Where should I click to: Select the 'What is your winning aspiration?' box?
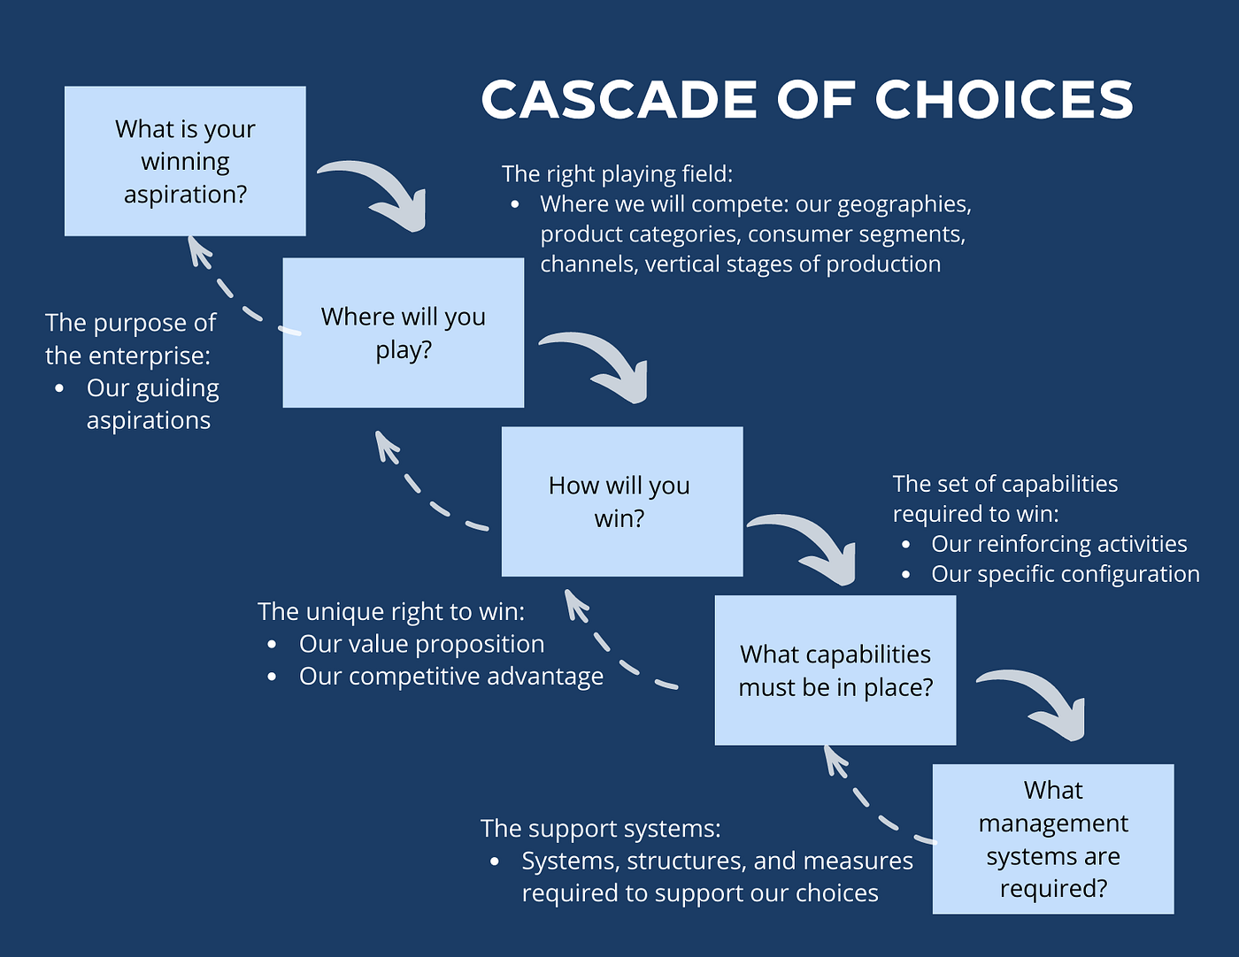click(x=185, y=161)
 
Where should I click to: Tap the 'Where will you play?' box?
click(x=403, y=333)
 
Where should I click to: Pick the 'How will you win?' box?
click(x=621, y=501)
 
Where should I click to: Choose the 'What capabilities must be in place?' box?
click(x=835, y=670)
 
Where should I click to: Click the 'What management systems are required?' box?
click(x=1053, y=838)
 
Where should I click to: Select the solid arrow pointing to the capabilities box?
click(x=810, y=545)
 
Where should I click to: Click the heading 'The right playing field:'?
click(x=617, y=173)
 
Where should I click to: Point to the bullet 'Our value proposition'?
click(x=421, y=644)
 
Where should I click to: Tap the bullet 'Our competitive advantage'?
click(x=450, y=677)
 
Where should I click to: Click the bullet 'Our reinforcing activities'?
click(x=1058, y=544)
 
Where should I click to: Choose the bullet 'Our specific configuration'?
click(x=1065, y=574)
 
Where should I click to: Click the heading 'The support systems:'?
click(x=600, y=829)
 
